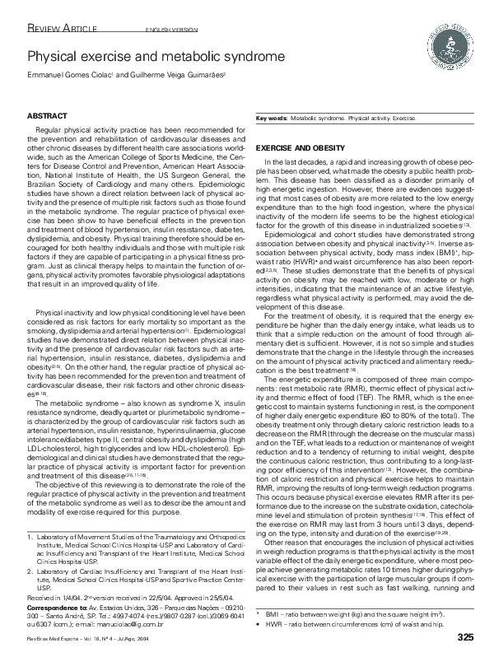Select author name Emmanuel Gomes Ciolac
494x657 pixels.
coord(77,75)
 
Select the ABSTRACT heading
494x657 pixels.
coord(47,118)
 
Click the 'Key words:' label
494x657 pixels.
coord(272,119)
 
